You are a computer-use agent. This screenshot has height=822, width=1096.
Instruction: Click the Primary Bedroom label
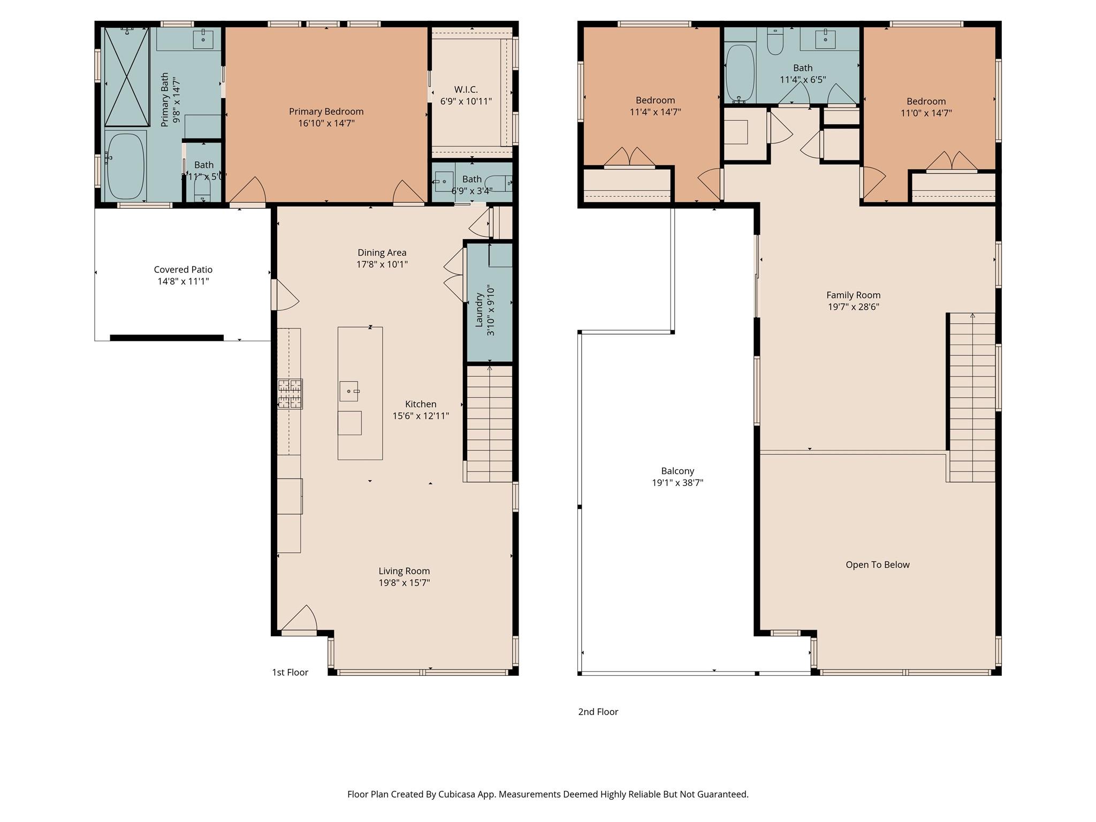click(x=326, y=111)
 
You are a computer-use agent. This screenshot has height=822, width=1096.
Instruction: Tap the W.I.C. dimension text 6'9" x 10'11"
click(x=466, y=101)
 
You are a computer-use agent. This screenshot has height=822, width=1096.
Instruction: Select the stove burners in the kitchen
click(x=290, y=394)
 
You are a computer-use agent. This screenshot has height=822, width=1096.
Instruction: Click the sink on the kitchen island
click(x=349, y=391)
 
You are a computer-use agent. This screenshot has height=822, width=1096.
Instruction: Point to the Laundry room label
click(x=479, y=309)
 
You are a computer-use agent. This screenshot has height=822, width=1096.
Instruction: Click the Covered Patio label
click(x=183, y=270)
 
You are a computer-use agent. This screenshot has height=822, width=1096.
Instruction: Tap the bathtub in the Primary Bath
click(x=126, y=165)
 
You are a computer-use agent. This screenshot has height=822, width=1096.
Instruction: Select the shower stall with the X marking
click(x=126, y=77)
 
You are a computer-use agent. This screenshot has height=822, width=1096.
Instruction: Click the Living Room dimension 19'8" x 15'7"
click(x=404, y=583)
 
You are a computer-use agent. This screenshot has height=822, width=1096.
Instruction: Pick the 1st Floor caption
click(x=290, y=672)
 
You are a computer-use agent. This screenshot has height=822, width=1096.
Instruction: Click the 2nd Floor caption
click(x=598, y=712)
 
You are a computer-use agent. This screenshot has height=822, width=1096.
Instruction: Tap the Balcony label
click(x=678, y=471)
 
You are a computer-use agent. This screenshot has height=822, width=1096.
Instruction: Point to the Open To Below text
click(x=877, y=565)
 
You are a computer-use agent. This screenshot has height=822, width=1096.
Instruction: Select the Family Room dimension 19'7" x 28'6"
click(x=853, y=307)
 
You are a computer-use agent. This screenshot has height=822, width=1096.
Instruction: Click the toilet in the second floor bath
click(x=775, y=42)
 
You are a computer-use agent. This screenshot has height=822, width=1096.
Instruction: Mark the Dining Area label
click(x=382, y=253)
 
